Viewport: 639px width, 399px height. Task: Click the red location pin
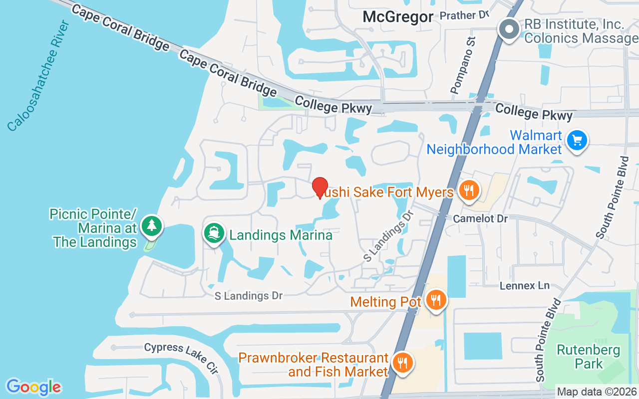tap(320, 188)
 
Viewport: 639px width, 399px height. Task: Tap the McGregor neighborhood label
tap(398, 16)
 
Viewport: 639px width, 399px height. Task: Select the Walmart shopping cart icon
tap(578, 141)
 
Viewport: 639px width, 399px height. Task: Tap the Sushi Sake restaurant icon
tap(468, 191)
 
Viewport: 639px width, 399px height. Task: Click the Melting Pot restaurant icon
tap(436, 300)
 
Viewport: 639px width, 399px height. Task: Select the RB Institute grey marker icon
tap(509, 29)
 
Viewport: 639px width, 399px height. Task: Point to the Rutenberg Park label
tap(589, 357)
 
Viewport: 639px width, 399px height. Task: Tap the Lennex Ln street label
tap(524, 286)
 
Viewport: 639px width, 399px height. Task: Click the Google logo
tap(33, 387)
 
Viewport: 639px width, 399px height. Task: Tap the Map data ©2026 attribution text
tap(597, 392)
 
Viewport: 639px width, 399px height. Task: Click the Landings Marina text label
tap(281, 235)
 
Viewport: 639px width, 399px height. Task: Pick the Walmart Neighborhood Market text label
tap(494, 142)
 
